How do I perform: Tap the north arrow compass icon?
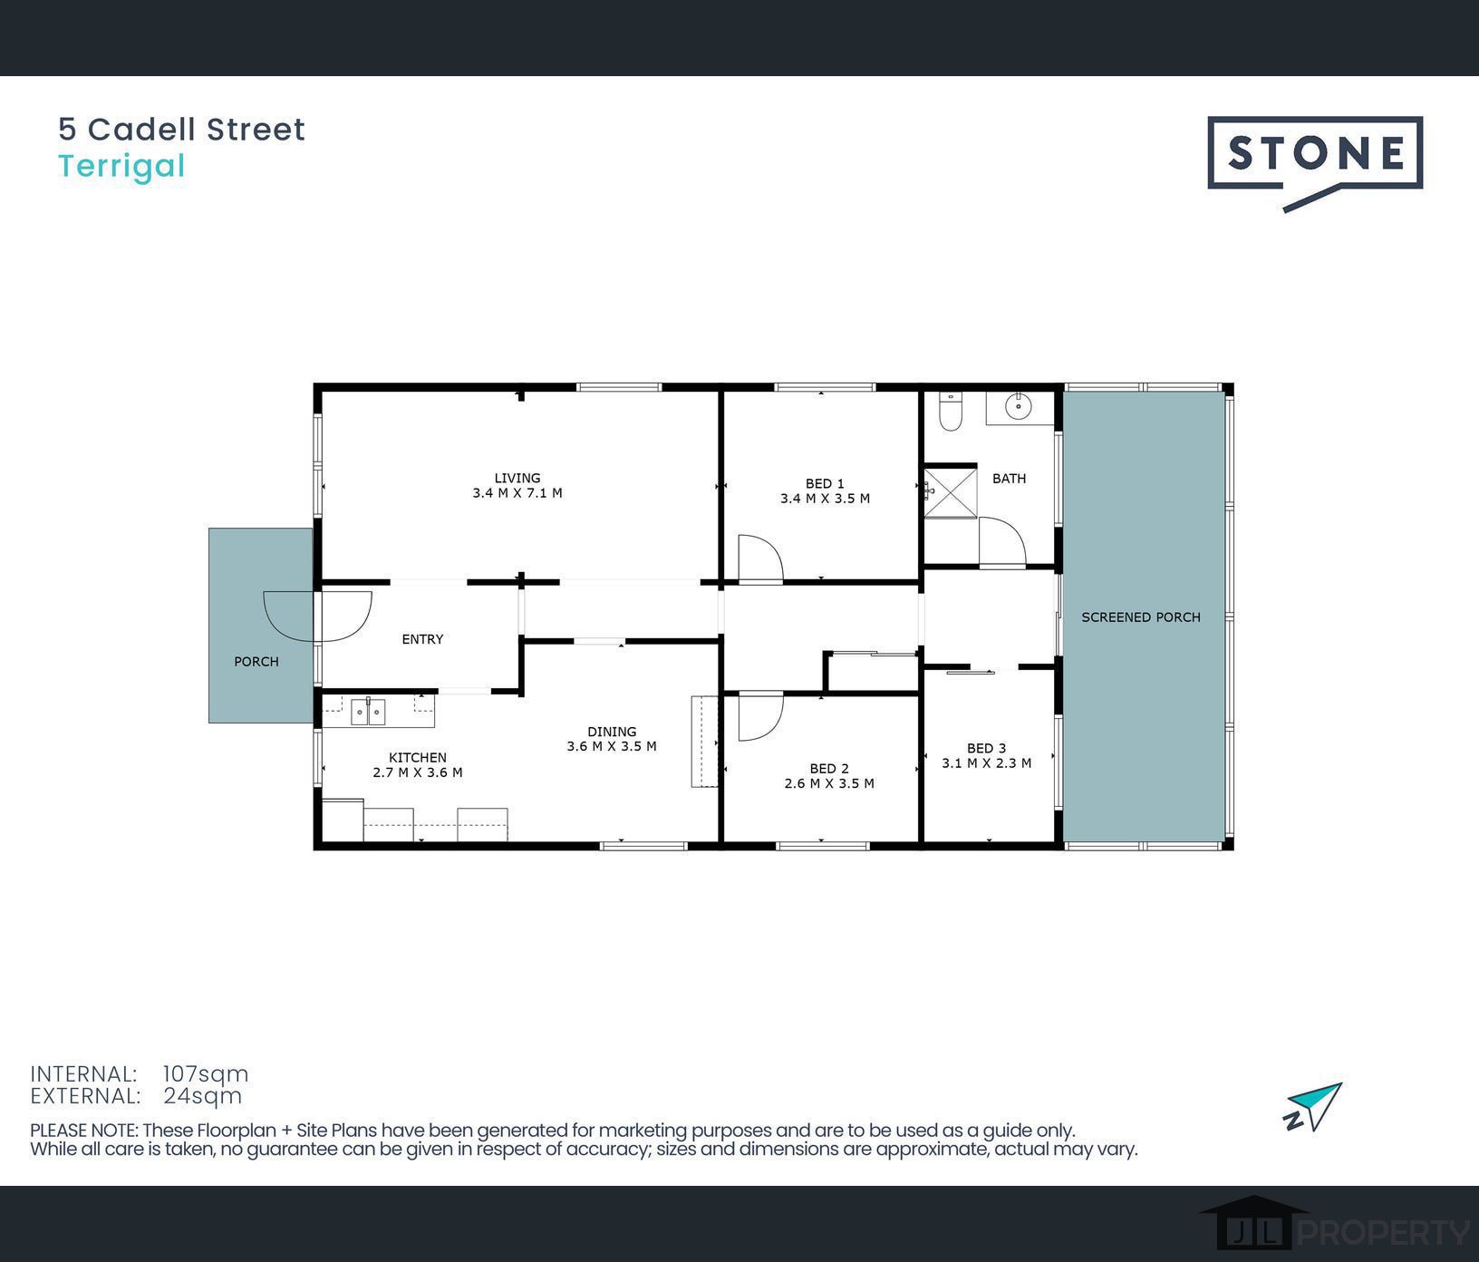coord(1313,1106)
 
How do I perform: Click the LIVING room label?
coord(517,478)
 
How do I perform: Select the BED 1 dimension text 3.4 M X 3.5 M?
coord(825,499)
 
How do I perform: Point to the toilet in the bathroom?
coord(950,410)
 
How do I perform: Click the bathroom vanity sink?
coord(1020,407)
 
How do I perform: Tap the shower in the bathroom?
coord(950,491)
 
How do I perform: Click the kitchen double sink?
coord(368,712)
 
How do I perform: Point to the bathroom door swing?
coord(1001,542)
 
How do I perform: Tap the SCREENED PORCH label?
coord(1140,617)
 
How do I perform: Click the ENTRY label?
coord(422,639)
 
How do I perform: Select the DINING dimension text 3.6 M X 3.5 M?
coord(612,747)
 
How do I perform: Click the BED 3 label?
coord(986,748)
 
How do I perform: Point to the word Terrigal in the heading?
coord(121,167)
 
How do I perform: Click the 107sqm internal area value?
coord(206,1074)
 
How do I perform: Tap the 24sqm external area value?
coord(203,1096)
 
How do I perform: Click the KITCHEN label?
coord(418,758)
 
